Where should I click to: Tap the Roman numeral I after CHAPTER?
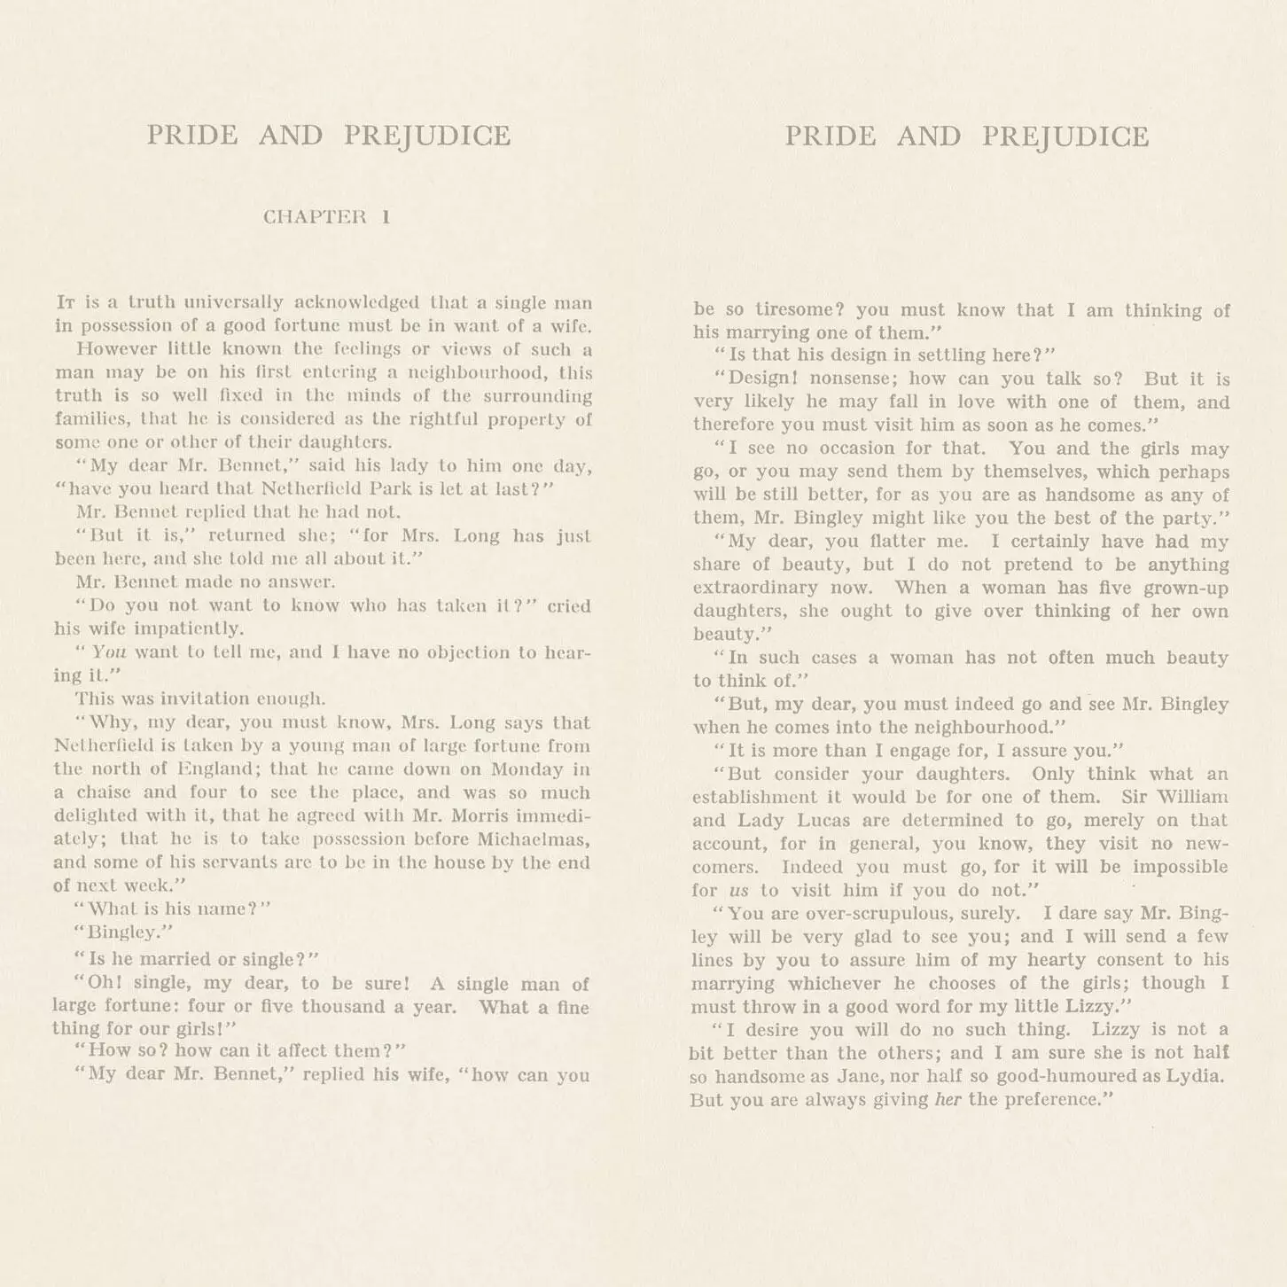pyautogui.click(x=386, y=217)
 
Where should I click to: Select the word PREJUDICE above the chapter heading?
pyautogui.click(x=427, y=136)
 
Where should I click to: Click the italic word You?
pyautogui.click(x=109, y=652)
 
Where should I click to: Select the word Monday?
pyautogui.click(x=527, y=769)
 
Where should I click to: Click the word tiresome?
pyautogui.click(x=799, y=310)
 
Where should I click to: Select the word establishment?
pyautogui.click(x=755, y=797)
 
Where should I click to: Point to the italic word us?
pyautogui.click(x=738, y=891)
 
